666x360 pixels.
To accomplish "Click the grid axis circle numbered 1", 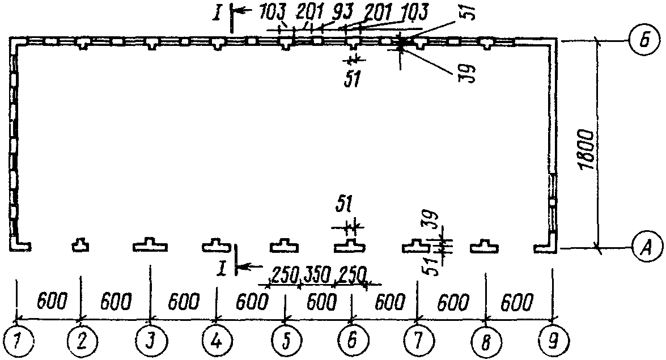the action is click(17, 341).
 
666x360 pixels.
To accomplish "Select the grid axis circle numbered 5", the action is click(286, 341).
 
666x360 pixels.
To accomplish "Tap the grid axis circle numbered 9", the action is click(553, 341).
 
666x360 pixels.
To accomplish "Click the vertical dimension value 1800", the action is click(587, 149).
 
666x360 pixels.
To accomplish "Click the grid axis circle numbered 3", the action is click(150, 341).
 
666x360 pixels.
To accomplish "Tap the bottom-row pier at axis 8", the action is click(486, 245).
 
